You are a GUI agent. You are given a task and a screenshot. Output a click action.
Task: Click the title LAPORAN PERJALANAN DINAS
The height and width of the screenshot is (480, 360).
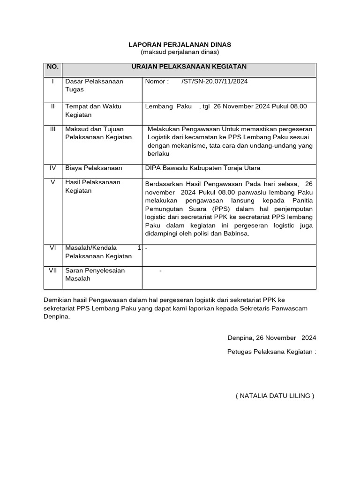[180, 45]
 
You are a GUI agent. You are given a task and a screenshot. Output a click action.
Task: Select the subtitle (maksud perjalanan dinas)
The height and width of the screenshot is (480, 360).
[180, 52]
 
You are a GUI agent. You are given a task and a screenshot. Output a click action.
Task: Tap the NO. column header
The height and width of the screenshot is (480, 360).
[52, 67]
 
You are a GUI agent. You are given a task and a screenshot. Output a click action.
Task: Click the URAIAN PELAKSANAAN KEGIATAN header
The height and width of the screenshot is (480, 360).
[189, 67]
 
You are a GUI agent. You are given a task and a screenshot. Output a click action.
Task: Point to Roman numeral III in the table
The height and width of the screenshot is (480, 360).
[52, 128]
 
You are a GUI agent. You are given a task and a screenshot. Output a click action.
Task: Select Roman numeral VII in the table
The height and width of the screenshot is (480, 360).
[52, 270]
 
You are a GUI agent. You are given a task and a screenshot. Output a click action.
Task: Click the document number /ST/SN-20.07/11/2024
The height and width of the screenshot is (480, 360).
[214, 82]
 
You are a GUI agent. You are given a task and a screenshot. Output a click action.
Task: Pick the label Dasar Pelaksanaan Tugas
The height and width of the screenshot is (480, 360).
[94, 85]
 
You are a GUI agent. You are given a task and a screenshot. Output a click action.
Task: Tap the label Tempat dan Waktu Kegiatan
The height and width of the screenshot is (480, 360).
[93, 111]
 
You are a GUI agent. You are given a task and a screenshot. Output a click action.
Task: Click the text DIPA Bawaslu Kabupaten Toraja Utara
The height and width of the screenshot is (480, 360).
[202, 168]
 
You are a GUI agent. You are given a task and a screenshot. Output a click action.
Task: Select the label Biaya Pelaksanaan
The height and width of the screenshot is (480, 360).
[93, 168]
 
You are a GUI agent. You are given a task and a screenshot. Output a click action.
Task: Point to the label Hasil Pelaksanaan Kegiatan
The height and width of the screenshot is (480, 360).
[92, 186]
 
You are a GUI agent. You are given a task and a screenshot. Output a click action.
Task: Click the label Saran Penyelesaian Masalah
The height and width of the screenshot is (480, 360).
[95, 275]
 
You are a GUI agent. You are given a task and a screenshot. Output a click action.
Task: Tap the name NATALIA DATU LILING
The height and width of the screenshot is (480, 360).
[275, 396]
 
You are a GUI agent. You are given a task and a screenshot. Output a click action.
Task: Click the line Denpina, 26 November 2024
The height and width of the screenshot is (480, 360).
[271, 337]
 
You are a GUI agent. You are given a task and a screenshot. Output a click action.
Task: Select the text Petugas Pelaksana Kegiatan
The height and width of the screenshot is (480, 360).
[271, 352]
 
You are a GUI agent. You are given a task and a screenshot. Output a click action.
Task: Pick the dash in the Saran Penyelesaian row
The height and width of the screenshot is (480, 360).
[160, 270]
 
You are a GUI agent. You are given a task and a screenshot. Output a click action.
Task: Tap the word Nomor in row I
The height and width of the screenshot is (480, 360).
[156, 82]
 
